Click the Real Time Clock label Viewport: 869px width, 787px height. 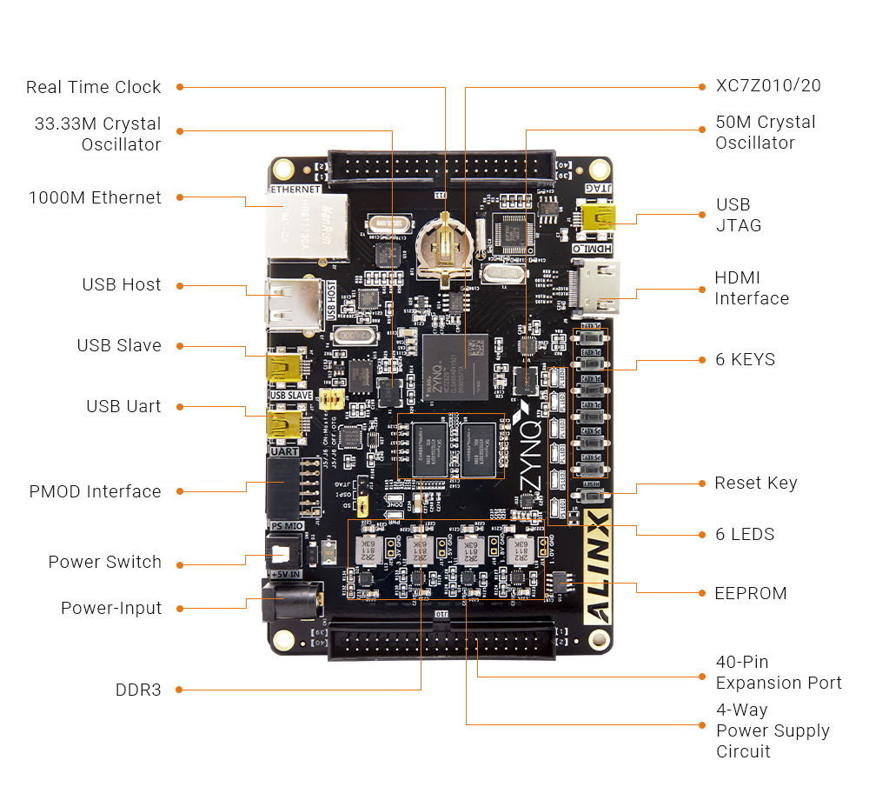click(x=93, y=87)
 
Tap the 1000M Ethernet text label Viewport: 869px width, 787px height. click(x=95, y=197)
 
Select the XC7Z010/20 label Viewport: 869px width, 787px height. click(x=768, y=85)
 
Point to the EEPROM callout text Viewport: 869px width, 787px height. click(x=751, y=593)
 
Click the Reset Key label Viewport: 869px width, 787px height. click(x=755, y=483)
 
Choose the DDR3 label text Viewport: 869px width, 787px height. click(x=138, y=690)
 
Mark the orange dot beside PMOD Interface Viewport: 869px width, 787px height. click(x=180, y=491)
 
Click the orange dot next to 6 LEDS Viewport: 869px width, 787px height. click(x=702, y=534)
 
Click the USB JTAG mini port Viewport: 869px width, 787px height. click(x=598, y=217)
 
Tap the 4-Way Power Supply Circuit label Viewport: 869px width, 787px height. click(x=772, y=730)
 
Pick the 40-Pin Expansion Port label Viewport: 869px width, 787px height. click(x=778, y=672)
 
